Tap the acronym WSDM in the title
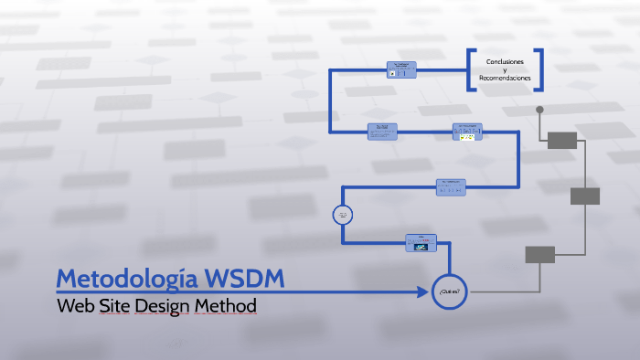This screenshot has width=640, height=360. coord(245,278)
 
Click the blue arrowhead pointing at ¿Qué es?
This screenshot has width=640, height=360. coord(422,292)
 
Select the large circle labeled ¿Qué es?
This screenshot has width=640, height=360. coord(448,291)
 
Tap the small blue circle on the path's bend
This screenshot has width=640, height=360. coord(343,215)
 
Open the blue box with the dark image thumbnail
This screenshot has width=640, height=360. coord(421,243)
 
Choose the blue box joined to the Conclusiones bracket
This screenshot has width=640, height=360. coord(401,70)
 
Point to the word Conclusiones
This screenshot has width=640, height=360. coord(505,60)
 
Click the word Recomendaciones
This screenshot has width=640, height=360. coord(505,78)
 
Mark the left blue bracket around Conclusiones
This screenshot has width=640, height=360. coord(472,69)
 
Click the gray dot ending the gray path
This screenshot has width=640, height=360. coord(539,110)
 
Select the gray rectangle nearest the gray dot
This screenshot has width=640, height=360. coord(562,140)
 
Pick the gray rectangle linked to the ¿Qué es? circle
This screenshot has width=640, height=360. coord(539,255)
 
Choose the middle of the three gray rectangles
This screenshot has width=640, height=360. coord(585,196)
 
